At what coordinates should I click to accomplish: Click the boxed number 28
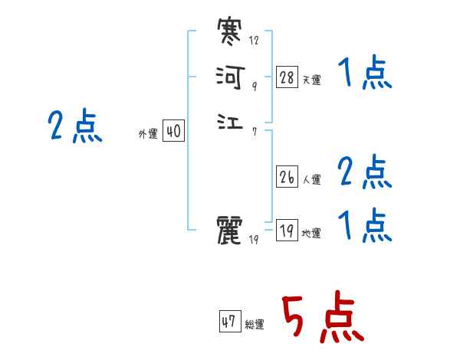click(x=287, y=77)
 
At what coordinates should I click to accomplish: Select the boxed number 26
click(x=287, y=176)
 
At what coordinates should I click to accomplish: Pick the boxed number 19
click(x=287, y=230)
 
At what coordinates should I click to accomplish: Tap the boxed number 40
click(x=173, y=132)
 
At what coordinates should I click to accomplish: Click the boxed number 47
click(x=229, y=322)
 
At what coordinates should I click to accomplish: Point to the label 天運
click(x=311, y=80)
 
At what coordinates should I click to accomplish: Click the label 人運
click(x=311, y=180)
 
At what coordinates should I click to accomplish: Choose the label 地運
click(x=311, y=234)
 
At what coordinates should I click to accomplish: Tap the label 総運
click(x=255, y=325)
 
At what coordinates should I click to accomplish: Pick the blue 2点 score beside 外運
click(x=75, y=126)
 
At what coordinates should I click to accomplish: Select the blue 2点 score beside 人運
click(x=365, y=172)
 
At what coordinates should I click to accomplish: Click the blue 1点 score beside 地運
click(x=365, y=226)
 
